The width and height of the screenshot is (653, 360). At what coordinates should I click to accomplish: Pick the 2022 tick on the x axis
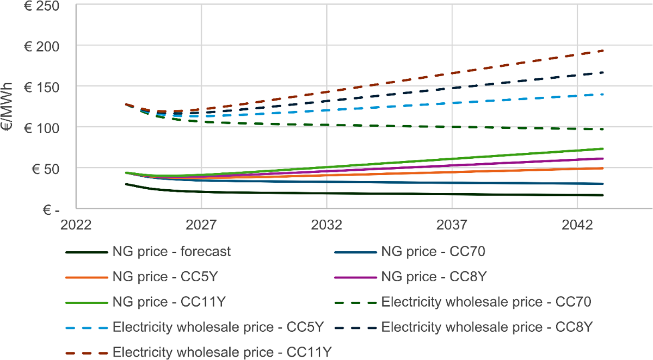coord(76,225)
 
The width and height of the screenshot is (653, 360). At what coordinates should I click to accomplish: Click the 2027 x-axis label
coord(201,225)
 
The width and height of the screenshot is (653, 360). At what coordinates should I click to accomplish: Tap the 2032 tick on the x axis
coord(326,225)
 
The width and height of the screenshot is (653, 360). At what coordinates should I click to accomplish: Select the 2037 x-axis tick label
coord(452,225)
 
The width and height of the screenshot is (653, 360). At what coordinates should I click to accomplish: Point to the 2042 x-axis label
coord(577,225)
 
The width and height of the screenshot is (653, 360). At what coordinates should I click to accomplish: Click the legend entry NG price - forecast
coord(171,252)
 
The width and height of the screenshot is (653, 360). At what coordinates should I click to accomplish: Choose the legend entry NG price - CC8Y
coord(433,277)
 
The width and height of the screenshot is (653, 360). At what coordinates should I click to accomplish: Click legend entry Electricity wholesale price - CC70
coord(486,302)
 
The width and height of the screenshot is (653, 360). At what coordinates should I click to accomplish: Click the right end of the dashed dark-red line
coord(603,51)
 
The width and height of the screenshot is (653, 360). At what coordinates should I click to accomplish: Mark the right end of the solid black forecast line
coord(603,195)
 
